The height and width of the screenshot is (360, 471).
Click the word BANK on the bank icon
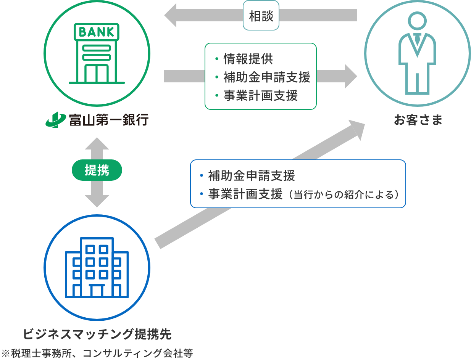[x=97, y=32]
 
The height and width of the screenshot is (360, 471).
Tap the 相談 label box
[x=261, y=16]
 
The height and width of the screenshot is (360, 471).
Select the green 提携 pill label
[x=97, y=170]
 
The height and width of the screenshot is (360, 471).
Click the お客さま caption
[x=418, y=120]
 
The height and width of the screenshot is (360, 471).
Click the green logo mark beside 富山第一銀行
[x=55, y=120]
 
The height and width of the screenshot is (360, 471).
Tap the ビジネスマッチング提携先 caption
[x=97, y=334]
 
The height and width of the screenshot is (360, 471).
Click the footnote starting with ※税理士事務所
[x=97, y=353]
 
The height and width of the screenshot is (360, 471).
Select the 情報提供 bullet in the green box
[x=248, y=59]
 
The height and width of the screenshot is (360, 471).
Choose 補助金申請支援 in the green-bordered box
[x=266, y=77]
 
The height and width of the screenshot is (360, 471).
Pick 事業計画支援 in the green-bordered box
[x=260, y=95]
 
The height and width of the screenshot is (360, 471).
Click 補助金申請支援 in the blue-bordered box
[x=252, y=176]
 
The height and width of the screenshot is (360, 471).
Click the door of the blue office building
[x=97, y=291]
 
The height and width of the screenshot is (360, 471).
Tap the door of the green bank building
[x=97, y=73]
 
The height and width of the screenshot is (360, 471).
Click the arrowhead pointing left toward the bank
[x=171, y=16]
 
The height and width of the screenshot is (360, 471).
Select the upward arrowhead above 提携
[x=97, y=144]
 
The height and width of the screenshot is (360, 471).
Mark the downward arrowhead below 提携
[x=97, y=201]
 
